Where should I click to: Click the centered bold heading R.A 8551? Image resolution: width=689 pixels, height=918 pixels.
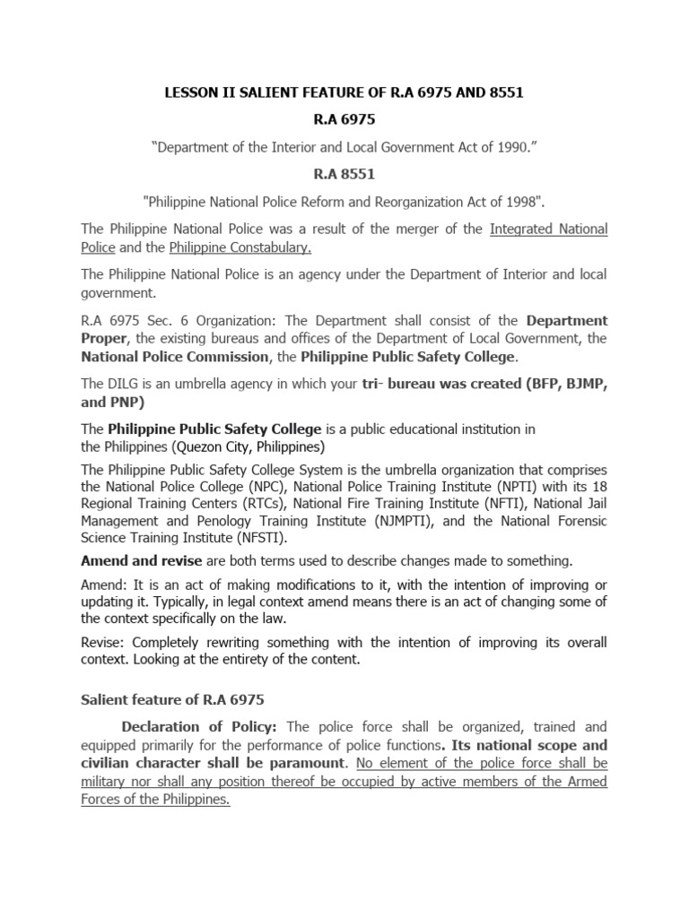click(x=344, y=173)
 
